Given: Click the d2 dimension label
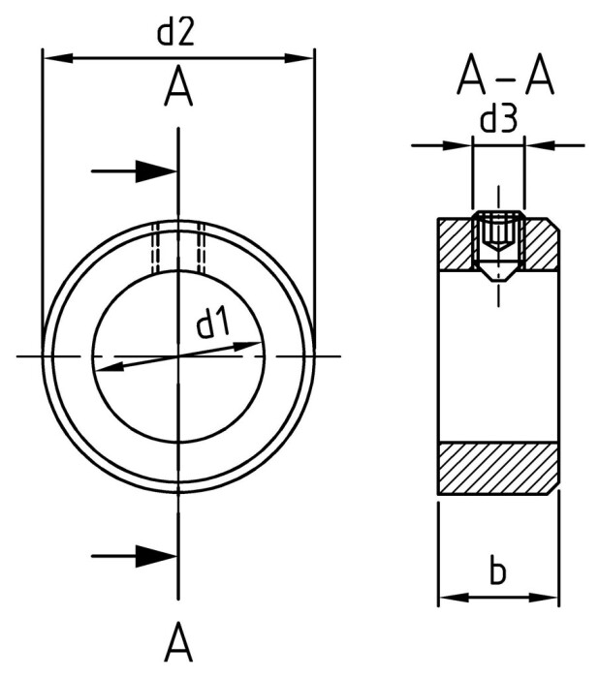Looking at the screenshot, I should [x=176, y=33].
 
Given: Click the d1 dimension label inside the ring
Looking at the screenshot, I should [x=213, y=324].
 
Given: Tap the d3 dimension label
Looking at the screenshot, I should [x=498, y=120].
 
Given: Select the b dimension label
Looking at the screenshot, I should [x=497, y=571].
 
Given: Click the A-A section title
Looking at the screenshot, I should [x=505, y=75].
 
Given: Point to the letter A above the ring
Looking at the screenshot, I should [x=178, y=89].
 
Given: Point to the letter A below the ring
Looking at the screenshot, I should [x=178, y=641].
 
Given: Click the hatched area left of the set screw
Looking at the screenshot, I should [x=457, y=246].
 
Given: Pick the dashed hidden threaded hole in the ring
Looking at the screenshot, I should [x=177, y=247].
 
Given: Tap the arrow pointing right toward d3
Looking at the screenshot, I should [x=457, y=146].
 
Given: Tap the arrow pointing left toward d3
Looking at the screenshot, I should [x=538, y=146].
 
